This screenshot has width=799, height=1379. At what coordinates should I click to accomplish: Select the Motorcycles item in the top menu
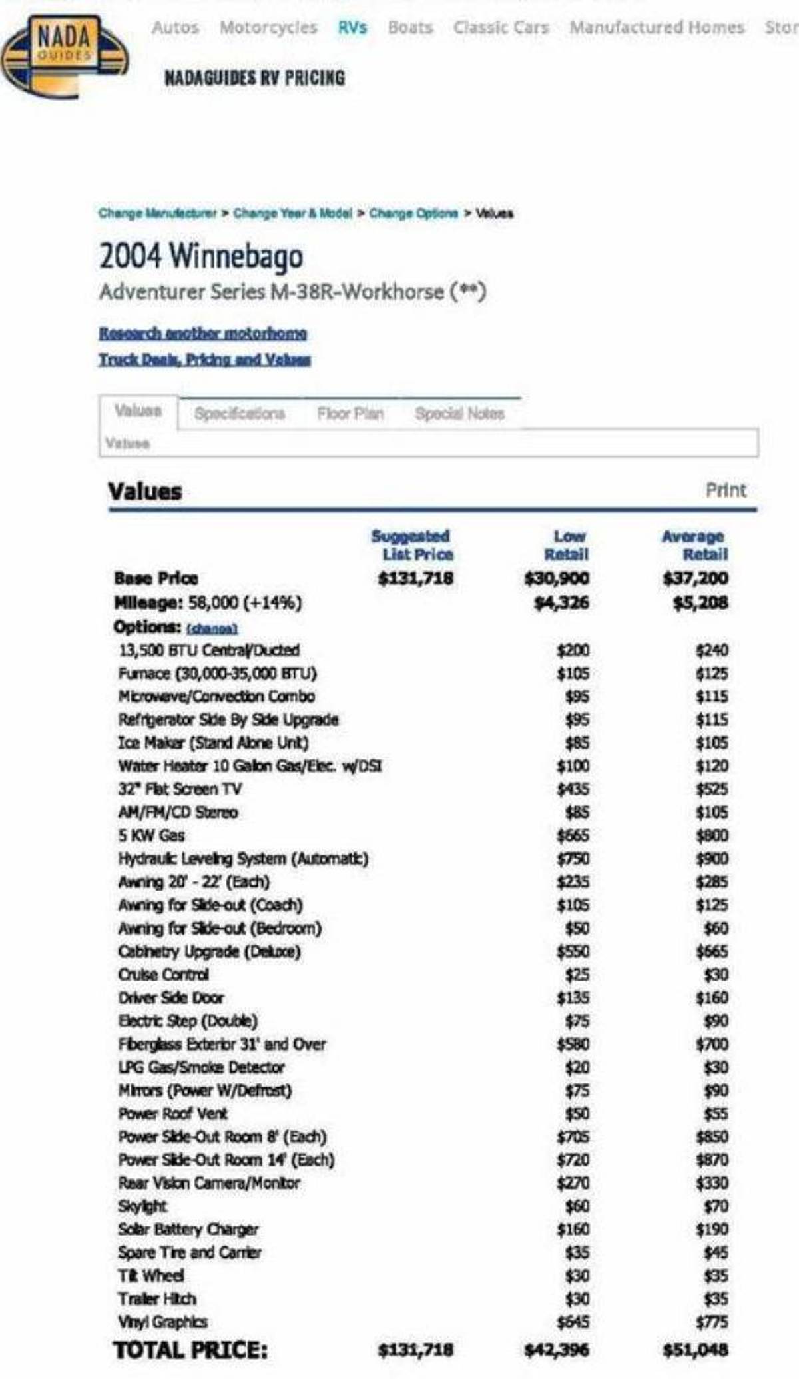[268, 27]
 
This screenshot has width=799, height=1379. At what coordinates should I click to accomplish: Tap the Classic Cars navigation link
[501, 27]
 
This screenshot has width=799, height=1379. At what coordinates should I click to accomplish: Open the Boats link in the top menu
[410, 27]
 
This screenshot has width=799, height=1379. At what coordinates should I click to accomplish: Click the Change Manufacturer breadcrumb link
[158, 213]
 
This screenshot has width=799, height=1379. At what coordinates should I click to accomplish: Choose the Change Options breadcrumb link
[413, 213]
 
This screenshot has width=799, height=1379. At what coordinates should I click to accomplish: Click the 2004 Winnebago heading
[201, 256]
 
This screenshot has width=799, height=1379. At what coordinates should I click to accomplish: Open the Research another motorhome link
[203, 333]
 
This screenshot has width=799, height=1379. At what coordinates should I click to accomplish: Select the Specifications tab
[240, 414]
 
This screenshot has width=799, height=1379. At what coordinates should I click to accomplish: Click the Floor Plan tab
[350, 414]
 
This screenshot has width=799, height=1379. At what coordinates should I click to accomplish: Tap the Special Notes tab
[459, 414]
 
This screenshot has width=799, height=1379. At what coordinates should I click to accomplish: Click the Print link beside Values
[726, 490]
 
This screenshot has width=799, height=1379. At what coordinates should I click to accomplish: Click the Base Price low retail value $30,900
[557, 578]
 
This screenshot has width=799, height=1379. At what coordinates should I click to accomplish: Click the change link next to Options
[212, 628]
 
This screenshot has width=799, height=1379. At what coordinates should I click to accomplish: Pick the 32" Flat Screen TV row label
[180, 789]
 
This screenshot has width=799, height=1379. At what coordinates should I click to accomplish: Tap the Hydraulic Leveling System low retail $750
[573, 859]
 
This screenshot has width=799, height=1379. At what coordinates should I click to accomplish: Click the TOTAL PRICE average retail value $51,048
[695, 1350]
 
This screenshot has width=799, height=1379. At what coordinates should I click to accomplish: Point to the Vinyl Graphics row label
[162, 1322]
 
